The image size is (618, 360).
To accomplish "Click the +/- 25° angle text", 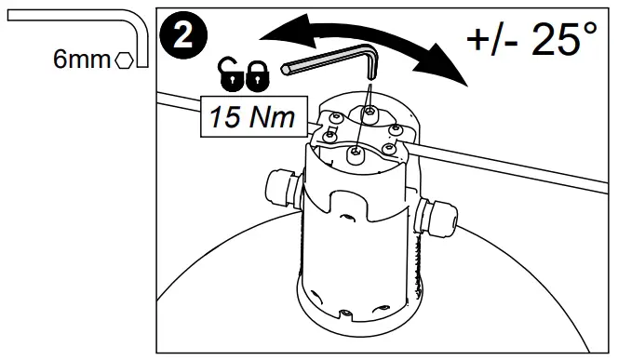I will [531, 40].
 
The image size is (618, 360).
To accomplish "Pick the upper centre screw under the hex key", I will [370, 112].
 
